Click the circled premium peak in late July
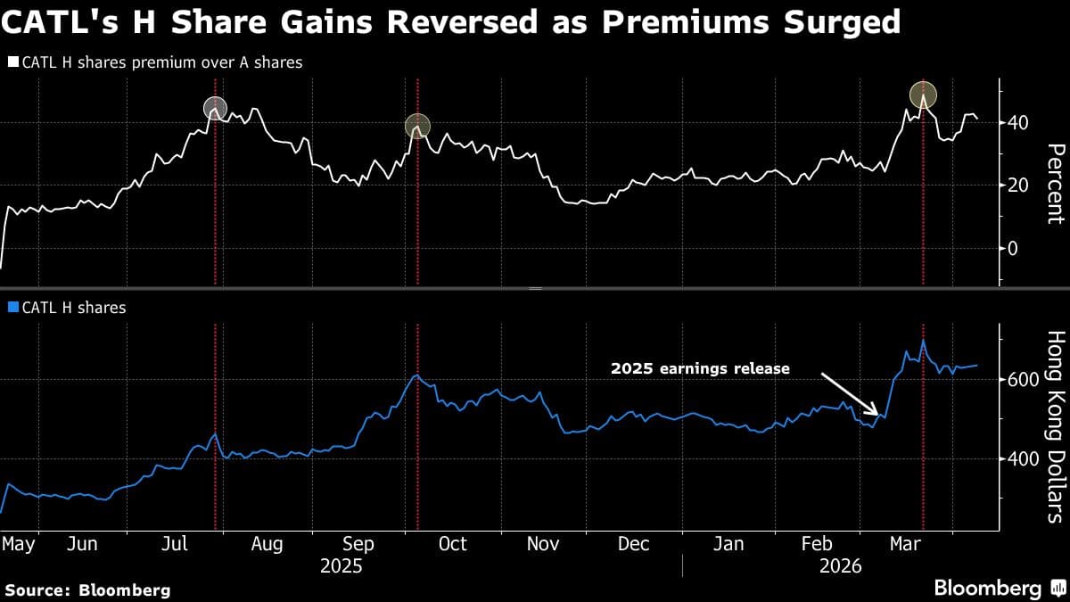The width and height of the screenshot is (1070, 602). (215, 108)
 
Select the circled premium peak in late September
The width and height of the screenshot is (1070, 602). (416, 126)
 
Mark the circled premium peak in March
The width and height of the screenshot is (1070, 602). (923, 94)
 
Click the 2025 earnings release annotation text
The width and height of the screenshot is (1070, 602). (700, 367)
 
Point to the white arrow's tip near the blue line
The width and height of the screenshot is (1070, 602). (879, 415)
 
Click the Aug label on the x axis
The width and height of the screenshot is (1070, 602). (267, 544)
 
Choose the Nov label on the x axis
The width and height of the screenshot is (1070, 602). (543, 544)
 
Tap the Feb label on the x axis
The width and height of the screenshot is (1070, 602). (817, 544)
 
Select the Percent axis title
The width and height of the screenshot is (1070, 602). (1055, 183)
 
